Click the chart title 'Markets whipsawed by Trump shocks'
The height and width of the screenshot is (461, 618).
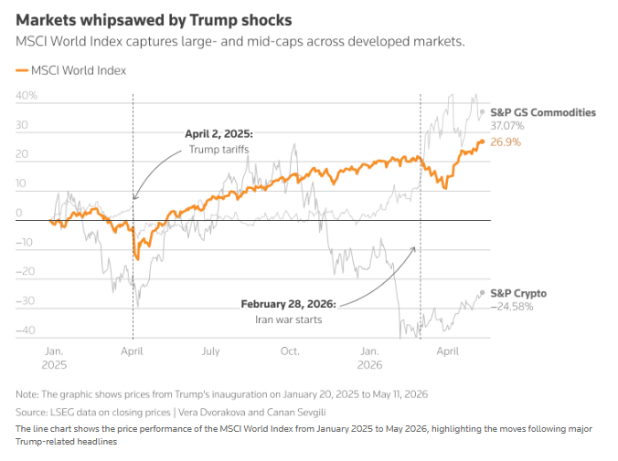[x=154, y=20]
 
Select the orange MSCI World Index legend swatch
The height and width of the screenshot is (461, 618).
[x=22, y=70]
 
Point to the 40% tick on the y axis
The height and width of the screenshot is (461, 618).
[x=27, y=95]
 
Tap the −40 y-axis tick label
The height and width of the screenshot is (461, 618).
[x=26, y=330]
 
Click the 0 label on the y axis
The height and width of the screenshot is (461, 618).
[x=19, y=213]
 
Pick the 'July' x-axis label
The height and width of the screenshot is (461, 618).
[x=211, y=351]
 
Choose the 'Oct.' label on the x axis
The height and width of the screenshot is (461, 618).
[x=290, y=351]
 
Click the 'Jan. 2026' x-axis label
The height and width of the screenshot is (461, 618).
[x=369, y=358]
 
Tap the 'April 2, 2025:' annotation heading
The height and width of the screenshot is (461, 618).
[x=218, y=134]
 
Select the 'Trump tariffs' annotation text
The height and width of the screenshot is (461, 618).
[x=218, y=150]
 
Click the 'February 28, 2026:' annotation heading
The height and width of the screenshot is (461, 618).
[x=289, y=304]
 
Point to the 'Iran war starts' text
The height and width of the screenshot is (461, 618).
[x=289, y=320]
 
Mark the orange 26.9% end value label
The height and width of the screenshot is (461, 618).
[x=506, y=142]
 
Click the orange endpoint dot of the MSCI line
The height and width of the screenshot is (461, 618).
[x=482, y=141]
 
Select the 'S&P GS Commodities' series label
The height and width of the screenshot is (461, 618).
[x=543, y=112]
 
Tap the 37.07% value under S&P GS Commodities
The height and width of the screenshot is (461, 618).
[x=507, y=126]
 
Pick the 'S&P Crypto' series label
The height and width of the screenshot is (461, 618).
[x=518, y=294]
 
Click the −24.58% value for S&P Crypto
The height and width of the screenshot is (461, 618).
[x=512, y=307]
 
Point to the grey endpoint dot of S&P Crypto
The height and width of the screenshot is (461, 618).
[x=482, y=293]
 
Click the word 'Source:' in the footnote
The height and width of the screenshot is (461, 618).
[x=31, y=413]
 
